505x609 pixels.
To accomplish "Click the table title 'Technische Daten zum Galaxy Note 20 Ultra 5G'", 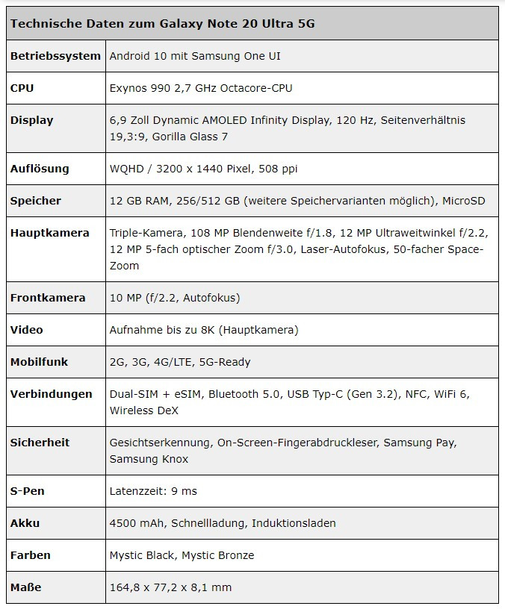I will (x=162, y=24).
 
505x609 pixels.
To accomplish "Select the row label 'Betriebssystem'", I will (x=55, y=56).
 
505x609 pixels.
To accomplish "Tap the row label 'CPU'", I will (x=22, y=88).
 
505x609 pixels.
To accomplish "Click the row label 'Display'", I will (x=31, y=120).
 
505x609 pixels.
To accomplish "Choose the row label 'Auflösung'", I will (x=40, y=169).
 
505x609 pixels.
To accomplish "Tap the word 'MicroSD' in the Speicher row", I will (x=463, y=201).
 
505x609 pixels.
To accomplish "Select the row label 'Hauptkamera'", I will (x=49, y=233).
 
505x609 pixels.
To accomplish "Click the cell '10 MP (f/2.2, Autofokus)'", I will (x=175, y=298).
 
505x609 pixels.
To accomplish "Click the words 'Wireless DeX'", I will (x=144, y=410).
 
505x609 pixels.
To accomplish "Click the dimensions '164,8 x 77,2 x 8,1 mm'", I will (x=170, y=587).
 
